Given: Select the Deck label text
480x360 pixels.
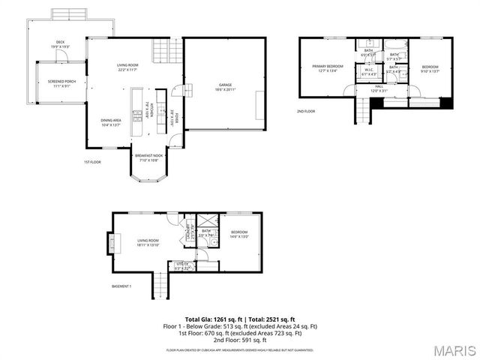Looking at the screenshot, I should click(x=60, y=44).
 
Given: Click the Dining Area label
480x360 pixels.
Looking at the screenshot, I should click(x=112, y=122).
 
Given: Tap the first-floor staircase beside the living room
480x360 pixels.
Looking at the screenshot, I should click(x=163, y=52).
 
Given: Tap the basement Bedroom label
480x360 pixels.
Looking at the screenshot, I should click(x=239, y=234).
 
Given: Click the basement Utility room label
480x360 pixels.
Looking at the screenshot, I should click(x=182, y=265).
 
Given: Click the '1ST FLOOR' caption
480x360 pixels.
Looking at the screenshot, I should click(x=92, y=162).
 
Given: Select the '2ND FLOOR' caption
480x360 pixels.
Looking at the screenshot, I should click(x=305, y=111).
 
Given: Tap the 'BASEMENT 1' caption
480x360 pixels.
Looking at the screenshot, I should click(x=121, y=286).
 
